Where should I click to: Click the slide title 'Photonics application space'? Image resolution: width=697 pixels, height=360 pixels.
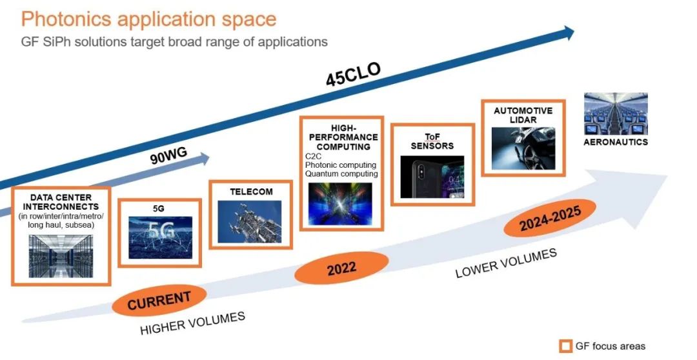148,20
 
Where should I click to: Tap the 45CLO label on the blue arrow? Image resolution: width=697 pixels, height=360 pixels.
354,74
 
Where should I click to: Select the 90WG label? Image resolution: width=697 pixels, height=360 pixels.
168,156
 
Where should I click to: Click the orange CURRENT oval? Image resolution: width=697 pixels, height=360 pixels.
159,301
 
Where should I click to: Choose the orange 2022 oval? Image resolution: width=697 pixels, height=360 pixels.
341,268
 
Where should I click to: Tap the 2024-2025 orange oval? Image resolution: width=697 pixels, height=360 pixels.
550,218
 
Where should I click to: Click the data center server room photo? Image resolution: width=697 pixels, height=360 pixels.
61,256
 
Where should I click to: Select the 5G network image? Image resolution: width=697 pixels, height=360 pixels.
161,237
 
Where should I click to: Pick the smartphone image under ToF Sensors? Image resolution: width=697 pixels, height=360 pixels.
432,177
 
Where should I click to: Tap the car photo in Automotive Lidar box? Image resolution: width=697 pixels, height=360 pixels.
523,149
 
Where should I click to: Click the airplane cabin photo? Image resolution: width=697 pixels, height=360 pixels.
616,114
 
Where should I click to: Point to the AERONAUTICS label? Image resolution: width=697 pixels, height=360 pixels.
616,142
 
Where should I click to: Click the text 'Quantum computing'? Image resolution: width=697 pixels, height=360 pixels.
341,174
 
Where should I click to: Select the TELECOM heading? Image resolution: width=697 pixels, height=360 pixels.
251,192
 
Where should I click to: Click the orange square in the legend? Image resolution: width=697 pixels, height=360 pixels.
565,346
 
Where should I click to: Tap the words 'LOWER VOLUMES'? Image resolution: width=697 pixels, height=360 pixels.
507,264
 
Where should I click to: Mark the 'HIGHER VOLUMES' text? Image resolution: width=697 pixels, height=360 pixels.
193,324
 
